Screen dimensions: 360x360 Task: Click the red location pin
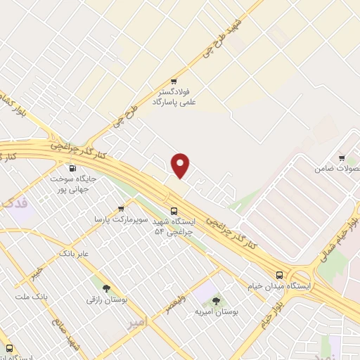[181, 165]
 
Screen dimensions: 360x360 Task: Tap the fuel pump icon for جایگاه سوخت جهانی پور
[72, 168]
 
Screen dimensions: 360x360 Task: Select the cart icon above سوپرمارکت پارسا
[122, 208]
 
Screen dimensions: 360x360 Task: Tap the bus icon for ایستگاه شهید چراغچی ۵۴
[174, 210]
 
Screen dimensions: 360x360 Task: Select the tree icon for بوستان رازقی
[106, 288]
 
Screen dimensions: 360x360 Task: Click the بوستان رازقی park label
[106, 300]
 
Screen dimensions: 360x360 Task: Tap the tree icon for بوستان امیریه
[216, 300]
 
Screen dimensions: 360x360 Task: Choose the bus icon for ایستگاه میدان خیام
[280, 275]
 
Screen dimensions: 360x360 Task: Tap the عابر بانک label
[74, 252]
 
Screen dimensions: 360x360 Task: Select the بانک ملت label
[31, 297]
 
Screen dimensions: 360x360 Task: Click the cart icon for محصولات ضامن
[342, 158]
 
